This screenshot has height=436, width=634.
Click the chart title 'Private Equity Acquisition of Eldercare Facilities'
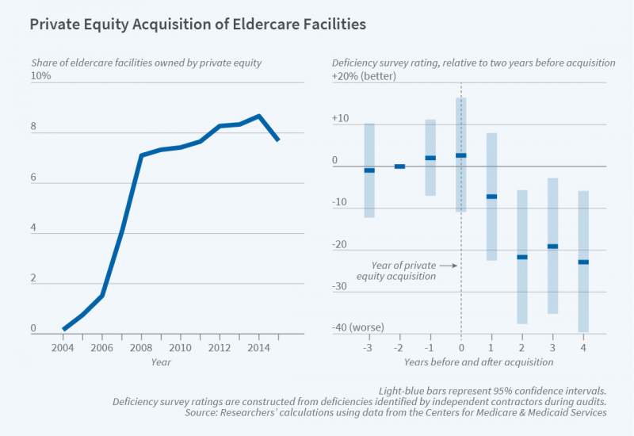click(197, 25)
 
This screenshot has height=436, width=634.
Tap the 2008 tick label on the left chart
click(141, 348)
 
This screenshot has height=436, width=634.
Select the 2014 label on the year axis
click(258, 348)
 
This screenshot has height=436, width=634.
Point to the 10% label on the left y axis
click(40, 75)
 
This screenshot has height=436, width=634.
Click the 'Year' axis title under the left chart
click(161, 362)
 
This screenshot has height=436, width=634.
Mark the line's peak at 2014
click(258, 116)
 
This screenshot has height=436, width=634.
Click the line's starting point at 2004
click(63, 329)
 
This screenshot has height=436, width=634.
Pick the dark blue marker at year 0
click(461, 155)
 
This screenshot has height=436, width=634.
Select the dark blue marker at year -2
click(399, 166)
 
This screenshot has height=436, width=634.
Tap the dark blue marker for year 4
click(583, 262)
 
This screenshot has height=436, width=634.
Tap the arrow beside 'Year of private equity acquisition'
click(450, 266)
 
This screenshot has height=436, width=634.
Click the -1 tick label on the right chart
click(430, 348)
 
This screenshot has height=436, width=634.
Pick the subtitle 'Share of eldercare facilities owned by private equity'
click(146, 62)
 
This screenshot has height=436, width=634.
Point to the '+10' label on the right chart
click(341, 119)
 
